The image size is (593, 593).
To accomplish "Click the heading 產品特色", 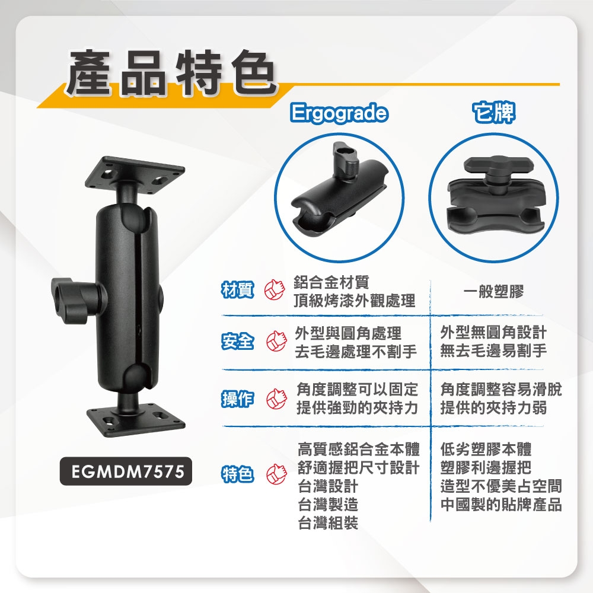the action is coord(170,72).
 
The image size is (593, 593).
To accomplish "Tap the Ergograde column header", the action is coord(339,113).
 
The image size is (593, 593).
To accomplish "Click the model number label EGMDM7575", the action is coord(126,471).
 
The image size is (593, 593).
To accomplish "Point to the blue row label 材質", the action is coord(238,291).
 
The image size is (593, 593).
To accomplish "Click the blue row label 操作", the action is coord(238,398).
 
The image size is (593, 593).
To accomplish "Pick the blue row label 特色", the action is coord(238,474).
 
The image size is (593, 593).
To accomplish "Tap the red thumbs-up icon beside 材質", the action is coord(275,291).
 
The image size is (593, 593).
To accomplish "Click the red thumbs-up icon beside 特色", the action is coord(277,474).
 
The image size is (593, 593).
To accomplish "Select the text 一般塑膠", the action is coord(493,292).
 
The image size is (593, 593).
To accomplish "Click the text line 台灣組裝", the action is coord(328,523).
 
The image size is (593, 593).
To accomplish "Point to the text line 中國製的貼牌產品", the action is coord(501,505).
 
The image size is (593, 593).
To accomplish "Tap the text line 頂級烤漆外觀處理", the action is coord(355,301).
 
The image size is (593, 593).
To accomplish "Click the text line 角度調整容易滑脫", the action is coord(501,389).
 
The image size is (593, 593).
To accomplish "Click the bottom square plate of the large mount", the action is coord(136,419).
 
